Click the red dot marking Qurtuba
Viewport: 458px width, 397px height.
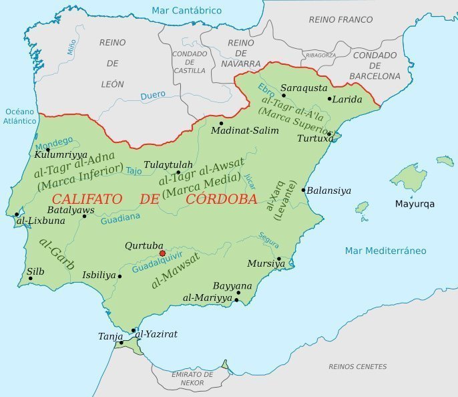[162, 253]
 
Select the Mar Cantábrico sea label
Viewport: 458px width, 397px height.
[186, 11]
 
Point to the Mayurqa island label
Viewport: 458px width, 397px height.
[414, 204]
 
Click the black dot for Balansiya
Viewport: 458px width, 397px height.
[303, 190]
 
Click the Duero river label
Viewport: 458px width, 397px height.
[153, 96]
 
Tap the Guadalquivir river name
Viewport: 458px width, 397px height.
[159, 263]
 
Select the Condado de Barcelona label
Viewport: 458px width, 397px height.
[377, 65]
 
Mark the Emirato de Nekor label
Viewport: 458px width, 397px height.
[192, 379]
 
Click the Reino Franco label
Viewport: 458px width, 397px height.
[340, 19]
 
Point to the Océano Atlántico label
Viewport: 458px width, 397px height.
[19, 116]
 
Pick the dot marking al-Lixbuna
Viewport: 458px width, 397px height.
[17, 215]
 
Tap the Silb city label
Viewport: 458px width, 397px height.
[35, 271]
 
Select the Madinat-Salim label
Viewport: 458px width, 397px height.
[244, 130]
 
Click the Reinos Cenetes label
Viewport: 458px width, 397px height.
[357, 366]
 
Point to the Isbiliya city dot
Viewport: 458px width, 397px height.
[120, 276]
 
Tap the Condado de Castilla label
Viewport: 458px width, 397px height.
[190, 61]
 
